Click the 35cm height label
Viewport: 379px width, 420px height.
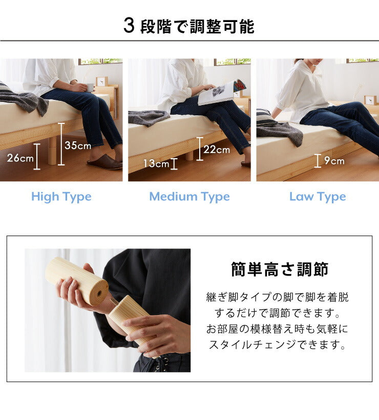coord(78,145)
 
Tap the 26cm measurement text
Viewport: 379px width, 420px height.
coord(20,158)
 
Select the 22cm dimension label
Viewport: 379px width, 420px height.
coord(217,150)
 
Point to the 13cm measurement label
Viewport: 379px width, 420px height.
coord(156,164)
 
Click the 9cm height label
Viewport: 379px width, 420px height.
coord(333,161)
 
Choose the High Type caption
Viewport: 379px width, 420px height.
coord(61,197)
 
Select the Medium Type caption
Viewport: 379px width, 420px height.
coord(189,197)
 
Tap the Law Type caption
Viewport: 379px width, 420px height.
coord(318,197)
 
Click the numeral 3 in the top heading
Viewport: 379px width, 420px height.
coord(129,26)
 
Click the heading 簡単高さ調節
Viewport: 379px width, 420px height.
coord(280,269)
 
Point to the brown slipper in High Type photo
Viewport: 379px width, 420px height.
coord(104,163)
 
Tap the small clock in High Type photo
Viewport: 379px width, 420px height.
coord(101,81)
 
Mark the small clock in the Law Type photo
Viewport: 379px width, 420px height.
coord(369,99)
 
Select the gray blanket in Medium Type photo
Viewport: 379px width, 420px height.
coord(149,117)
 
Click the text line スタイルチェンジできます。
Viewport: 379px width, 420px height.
coord(277,345)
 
